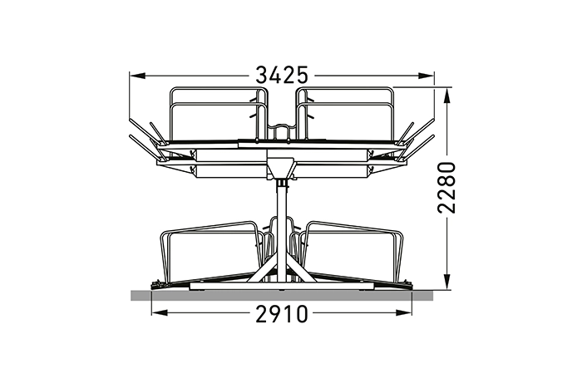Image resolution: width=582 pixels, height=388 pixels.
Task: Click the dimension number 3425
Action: point(282,76)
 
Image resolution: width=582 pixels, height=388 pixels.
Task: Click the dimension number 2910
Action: point(282,314)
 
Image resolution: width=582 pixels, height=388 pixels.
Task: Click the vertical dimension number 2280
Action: point(446,187)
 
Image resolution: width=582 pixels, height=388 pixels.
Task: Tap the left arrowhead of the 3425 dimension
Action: point(136,76)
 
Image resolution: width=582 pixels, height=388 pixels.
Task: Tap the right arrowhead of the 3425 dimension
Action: point(426,76)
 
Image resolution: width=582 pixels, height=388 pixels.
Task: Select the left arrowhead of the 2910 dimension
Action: point(159,313)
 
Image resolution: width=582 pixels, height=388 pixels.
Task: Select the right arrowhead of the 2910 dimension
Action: point(404,313)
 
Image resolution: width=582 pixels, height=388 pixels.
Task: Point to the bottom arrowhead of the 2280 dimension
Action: point(447,282)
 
